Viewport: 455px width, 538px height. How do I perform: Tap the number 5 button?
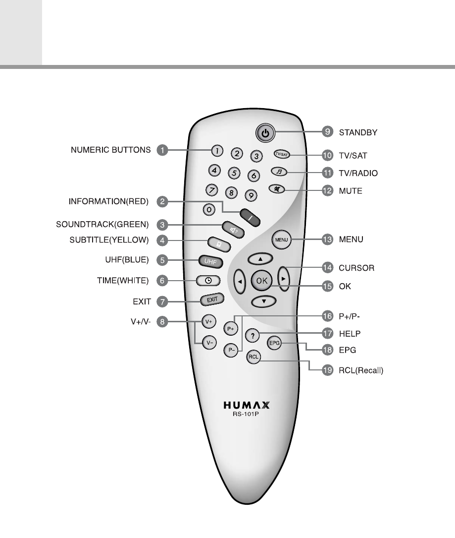(234, 173)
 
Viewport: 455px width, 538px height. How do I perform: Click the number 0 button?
(210, 209)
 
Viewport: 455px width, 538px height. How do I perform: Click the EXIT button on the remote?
(212, 299)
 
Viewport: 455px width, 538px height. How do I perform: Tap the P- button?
(230, 350)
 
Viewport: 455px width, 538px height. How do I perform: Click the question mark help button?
(253, 336)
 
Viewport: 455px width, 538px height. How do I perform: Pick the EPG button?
(274, 343)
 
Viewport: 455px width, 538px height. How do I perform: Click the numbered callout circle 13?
(327, 240)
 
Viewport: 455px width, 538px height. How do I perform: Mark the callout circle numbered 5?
(161, 259)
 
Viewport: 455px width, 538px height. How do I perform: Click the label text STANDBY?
(358, 132)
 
